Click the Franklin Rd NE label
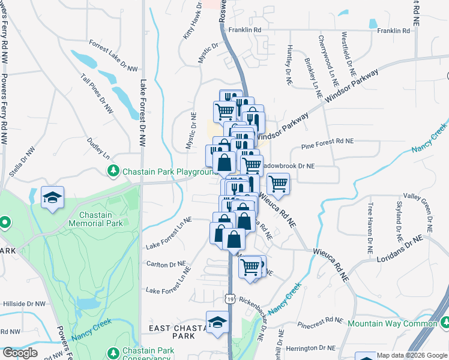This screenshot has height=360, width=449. coord(393,30)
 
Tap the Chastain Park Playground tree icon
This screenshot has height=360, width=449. coord(113,172)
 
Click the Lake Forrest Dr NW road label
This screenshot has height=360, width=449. coord(143,114)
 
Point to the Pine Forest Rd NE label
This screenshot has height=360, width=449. coord(327,142)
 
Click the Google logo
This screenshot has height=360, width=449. coord(20,353)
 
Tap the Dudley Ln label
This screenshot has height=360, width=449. coord(98,147)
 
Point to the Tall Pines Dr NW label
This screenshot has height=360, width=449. coord(97,94)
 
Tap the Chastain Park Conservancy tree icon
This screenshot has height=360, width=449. coord(113,351)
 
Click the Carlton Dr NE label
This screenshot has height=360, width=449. coord(166,263)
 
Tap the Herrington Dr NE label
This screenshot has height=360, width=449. coord(310,347)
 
